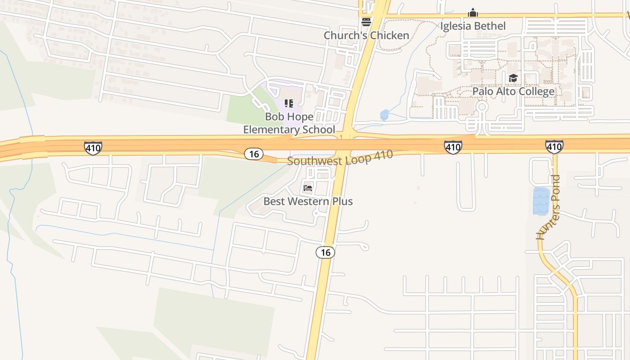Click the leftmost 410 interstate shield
pyautogui.click(x=93, y=148)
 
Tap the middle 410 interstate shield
pyautogui.click(x=453, y=147)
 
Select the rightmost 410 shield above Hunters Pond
pyautogui.click(x=554, y=147)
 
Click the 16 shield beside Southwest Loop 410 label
pyautogui.click(x=254, y=154)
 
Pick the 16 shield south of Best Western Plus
pyautogui.click(x=325, y=252)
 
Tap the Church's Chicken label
pyautogui.click(x=366, y=35)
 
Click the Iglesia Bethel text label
pyautogui.click(x=472, y=26)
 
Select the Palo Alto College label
pyautogui.click(x=513, y=91)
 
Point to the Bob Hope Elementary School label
pyautogui.click(x=289, y=123)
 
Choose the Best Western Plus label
pyautogui.click(x=308, y=201)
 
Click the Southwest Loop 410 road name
pyautogui.click(x=340, y=158)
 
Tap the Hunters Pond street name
pyautogui.click(x=548, y=207)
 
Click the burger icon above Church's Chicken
pyautogui.click(x=366, y=22)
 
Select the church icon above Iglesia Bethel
pyautogui.click(x=472, y=13)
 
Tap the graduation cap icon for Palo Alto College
pyautogui.click(x=513, y=78)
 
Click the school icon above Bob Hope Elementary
pyautogui.click(x=289, y=103)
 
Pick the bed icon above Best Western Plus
pyautogui.click(x=308, y=188)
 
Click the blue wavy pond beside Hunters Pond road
pyautogui.click(x=541, y=201)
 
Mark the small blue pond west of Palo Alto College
pyautogui.click(x=384, y=115)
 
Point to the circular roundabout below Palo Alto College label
pyautogui.click(x=482, y=107)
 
